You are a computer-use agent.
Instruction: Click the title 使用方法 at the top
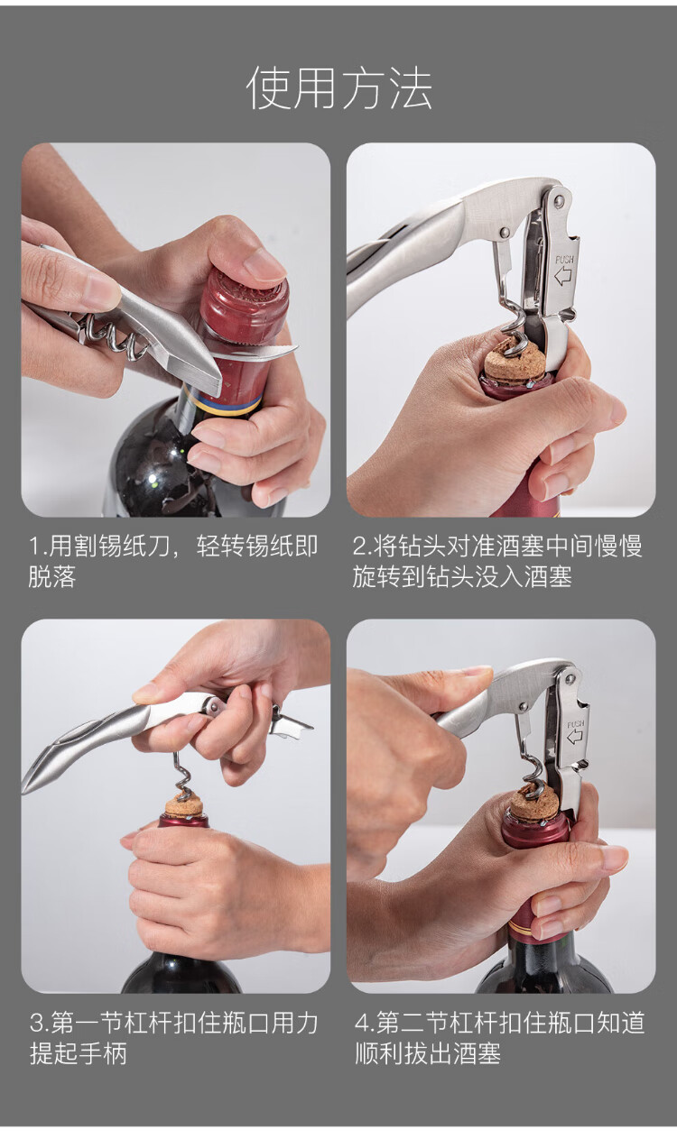coord(339,88)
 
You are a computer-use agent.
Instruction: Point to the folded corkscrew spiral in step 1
coord(112,333)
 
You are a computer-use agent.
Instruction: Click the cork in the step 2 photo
coord(515,360)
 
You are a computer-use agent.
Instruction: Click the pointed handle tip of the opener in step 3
coord(26,786)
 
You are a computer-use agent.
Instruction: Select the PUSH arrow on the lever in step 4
coord(575,737)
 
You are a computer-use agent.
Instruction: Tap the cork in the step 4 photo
coord(534,802)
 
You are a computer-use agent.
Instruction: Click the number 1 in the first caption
coord(34,547)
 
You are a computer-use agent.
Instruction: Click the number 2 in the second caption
coord(359,547)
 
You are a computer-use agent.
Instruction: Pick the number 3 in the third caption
coord(37,1023)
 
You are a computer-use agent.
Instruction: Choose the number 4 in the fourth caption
coord(361,1023)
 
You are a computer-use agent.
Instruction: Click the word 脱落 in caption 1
coord(52,577)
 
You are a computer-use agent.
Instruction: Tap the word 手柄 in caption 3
coord(103,1053)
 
